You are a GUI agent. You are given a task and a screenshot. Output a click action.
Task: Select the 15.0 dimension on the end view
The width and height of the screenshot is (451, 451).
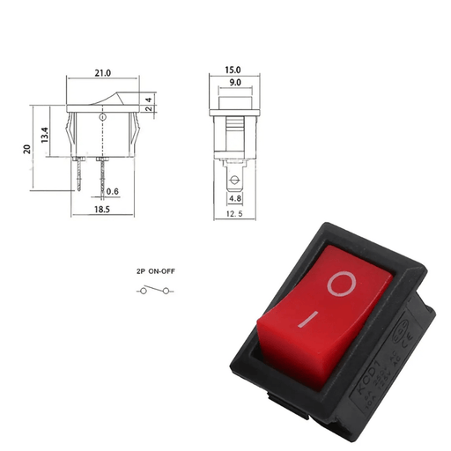(x=233, y=69)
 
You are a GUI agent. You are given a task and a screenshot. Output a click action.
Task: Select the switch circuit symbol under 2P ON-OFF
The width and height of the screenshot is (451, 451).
(x=154, y=291)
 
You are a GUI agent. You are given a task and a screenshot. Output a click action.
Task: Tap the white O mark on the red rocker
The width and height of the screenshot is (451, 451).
(x=341, y=284)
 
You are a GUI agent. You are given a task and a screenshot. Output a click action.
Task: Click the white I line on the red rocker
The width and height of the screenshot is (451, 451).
(x=306, y=318)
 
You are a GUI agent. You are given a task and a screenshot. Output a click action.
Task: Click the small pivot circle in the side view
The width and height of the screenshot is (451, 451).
(x=104, y=117)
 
